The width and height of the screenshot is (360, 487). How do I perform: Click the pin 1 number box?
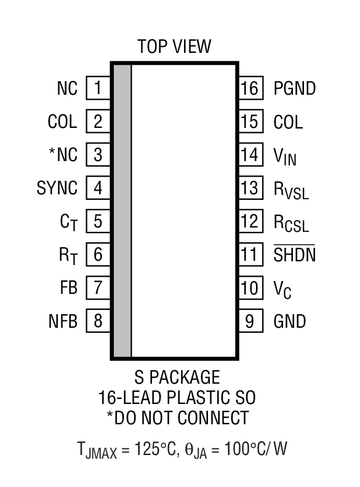tap(98, 89)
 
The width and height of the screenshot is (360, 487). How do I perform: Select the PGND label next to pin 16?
tap(295, 89)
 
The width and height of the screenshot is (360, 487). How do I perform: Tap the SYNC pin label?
tap(57, 188)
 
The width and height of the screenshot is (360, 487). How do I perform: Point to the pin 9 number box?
tap(250, 321)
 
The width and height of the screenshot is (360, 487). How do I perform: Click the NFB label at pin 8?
tap(62, 321)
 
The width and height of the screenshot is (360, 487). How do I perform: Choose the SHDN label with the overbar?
tap(295, 254)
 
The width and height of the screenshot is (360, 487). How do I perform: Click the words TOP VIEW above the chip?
tap(174, 46)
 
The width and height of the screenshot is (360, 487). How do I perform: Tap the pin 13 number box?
tap(250, 188)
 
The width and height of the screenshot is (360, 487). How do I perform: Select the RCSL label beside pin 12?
tap(291, 222)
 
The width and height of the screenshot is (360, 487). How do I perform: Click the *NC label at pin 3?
tap(63, 155)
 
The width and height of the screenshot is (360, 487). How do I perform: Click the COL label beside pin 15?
tap(289, 122)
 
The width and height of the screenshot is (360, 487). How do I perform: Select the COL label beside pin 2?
tap(63, 122)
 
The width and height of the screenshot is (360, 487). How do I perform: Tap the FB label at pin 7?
tap(68, 288)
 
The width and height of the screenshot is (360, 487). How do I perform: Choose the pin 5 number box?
tap(98, 221)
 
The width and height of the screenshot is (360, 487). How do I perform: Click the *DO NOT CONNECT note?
tap(177, 418)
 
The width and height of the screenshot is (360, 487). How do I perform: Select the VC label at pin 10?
tap(282, 288)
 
